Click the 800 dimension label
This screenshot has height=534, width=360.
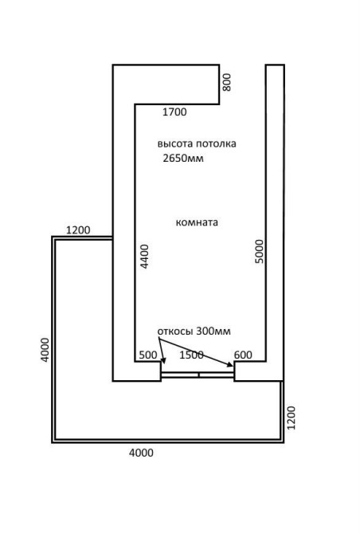tap(227, 82)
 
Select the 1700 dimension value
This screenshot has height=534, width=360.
tap(174, 112)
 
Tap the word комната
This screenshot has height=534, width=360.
tap(197, 222)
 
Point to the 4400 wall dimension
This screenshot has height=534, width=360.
tap(145, 257)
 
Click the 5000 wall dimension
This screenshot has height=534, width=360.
tap(260, 251)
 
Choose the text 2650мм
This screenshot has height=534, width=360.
tap(183, 159)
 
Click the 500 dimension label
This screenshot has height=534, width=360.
tap(148, 355)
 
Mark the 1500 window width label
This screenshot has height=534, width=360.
tap(191, 355)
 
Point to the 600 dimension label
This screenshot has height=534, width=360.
tap(243, 355)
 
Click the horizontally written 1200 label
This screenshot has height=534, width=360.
tap(78, 230)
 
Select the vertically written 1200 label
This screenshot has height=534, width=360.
tap(292, 418)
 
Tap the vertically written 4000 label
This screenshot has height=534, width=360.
tap(45, 350)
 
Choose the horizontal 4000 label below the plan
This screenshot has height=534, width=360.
tap(141, 453)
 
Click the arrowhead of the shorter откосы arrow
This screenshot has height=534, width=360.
tap(164, 362)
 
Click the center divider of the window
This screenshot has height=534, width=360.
tap(198, 375)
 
